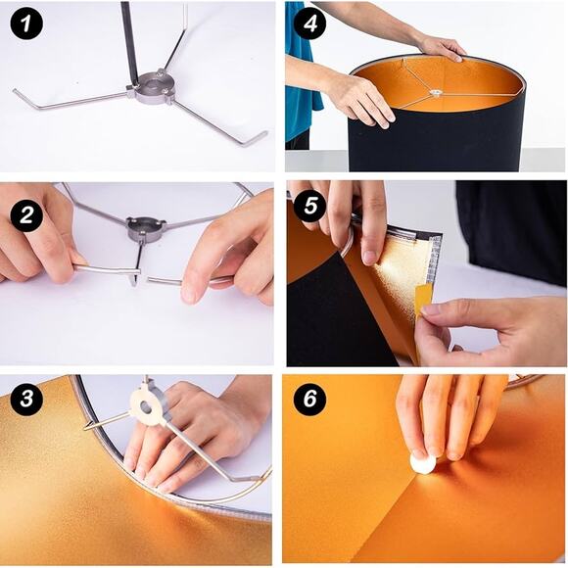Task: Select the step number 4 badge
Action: click(311, 23)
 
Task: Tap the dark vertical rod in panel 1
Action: click(129, 39)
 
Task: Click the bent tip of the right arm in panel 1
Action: click(257, 139)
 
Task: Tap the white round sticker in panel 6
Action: click(423, 462)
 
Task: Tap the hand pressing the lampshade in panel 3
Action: click(186, 431)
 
